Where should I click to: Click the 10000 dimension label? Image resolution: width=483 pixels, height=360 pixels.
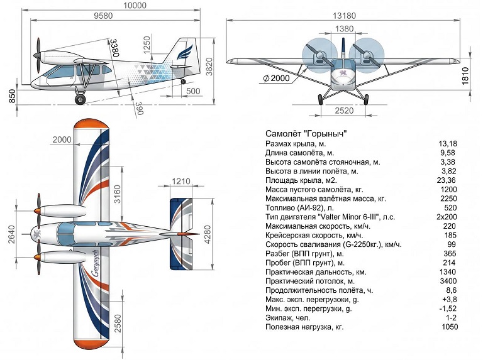click(x=135, y=5)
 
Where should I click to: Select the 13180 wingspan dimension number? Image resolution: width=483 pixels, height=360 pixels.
click(x=344, y=15)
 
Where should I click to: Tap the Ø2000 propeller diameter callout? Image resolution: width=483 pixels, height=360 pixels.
click(x=276, y=78)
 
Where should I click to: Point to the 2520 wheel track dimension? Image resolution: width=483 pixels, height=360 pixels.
click(x=344, y=111)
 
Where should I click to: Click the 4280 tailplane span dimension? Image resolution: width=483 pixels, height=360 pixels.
click(x=208, y=234)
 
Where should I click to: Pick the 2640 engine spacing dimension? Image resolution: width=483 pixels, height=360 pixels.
click(x=11, y=234)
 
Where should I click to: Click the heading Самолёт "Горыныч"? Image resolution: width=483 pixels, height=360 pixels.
click(x=306, y=134)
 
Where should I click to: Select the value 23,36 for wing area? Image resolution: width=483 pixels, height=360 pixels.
click(x=447, y=180)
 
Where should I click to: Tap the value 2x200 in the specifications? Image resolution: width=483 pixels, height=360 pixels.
click(x=447, y=217)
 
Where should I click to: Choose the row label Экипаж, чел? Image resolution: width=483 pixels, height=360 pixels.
click(x=287, y=318)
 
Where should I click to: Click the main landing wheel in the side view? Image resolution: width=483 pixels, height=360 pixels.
click(x=80, y=99)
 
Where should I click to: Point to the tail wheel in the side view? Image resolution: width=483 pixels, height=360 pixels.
click(x=183, y=81)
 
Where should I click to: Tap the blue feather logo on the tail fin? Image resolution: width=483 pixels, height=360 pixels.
click(x=184, y=52)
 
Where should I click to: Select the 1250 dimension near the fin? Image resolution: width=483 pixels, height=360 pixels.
click(x=147, y=45)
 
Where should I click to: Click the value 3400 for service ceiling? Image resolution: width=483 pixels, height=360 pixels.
click(x=448, y=281)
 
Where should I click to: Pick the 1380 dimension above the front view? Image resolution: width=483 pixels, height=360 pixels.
click(x=344, y=29)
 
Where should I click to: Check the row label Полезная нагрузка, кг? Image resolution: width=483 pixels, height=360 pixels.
click(x=304, y=327)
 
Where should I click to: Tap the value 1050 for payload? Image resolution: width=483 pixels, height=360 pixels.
click(x=450, y=327)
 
